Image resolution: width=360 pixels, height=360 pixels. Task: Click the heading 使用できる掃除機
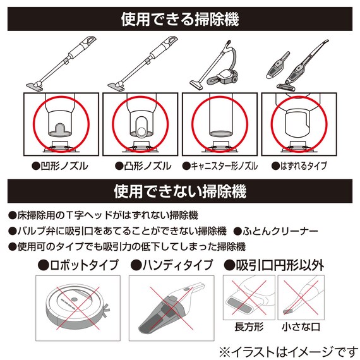click(x=180, y=19)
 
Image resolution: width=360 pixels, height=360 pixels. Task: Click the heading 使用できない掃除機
click(x=180, y=189)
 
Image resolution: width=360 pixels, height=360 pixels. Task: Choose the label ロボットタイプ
click(x=80, y=265)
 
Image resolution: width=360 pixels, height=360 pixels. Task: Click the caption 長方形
click(x=248, y=327)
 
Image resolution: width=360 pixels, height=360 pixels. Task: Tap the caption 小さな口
click(x=301, y=327)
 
